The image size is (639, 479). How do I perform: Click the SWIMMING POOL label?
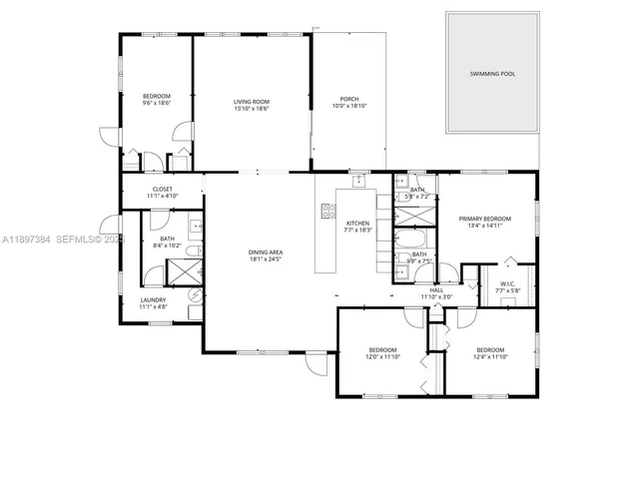click(x=492, y=74)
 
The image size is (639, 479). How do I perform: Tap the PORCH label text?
click(x=349, y=99)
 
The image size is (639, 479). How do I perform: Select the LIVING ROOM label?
click(x=252, y=102)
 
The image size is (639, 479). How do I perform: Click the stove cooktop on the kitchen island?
click(x=326, y=211)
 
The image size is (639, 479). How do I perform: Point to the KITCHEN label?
click(x=357, y=223)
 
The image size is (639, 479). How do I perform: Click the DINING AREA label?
click(x=265, y=252)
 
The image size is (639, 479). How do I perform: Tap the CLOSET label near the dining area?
click(x=162, y=189)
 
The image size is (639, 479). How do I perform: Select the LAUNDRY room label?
click(x=153, y=299)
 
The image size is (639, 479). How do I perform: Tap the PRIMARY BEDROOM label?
click(x=484, y=219)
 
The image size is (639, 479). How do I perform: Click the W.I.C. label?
click(x=507, y=283)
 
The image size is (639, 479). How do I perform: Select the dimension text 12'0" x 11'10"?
click(x=382, y=356)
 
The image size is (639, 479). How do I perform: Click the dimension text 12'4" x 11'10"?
click(x=490, y=356)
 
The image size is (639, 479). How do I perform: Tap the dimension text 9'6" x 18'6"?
click(x=157, y=103)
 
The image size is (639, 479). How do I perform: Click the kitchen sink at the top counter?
click(x=356, y=182)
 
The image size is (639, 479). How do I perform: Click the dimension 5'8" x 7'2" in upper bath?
click(x=417, y=197)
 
